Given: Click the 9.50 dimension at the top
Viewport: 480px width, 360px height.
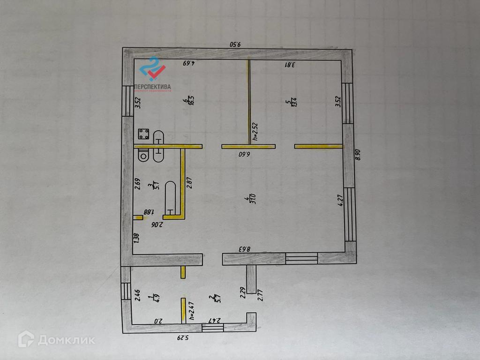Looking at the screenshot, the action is tap(235, 45).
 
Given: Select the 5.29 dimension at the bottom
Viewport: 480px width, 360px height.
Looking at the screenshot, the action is tap(183, 337).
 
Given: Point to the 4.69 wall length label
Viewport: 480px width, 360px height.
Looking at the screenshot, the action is tap(188, 64).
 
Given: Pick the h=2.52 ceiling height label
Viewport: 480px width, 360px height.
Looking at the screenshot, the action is tap(255, 132).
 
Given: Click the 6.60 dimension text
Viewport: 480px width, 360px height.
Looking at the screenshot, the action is tap(245, 153).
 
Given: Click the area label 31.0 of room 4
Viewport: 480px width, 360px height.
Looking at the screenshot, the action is tap(253, 201).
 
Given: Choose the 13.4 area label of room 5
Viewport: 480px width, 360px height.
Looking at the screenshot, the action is tap(293, 102).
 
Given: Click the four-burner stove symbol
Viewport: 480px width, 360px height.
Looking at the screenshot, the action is tap(143, 135).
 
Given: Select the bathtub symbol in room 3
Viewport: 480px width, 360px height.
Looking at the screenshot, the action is tap(170, 196).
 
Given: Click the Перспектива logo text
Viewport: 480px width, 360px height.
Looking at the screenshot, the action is tap(152, 87).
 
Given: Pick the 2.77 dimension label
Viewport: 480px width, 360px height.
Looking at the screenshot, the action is tap(260, 295).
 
